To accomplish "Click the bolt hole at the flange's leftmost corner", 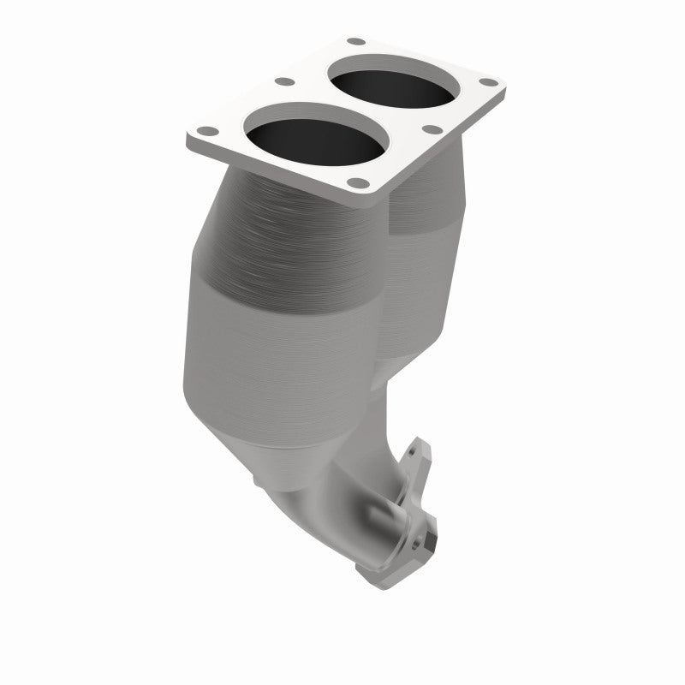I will coord(206,133).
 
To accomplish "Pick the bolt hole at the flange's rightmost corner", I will coord(489,82).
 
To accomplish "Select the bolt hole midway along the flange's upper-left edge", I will coord(280,84).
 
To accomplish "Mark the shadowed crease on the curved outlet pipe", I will coord(377,514).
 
